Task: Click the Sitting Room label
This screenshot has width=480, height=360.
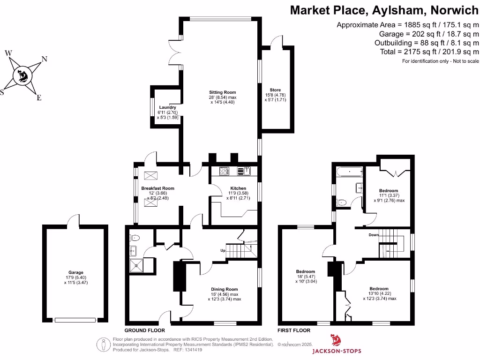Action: [222, 92]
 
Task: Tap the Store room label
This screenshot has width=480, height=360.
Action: [275, 90]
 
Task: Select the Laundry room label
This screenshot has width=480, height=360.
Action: [167, 107]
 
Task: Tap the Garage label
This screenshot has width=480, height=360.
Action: [76, 272]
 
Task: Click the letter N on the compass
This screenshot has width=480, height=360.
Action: [45, 59]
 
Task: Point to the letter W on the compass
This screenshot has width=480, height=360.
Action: [8, 53]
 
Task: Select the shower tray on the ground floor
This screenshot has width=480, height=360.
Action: [137, 266]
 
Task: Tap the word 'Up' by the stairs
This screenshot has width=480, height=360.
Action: [223, 251]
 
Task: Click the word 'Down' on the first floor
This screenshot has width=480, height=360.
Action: [374, 235]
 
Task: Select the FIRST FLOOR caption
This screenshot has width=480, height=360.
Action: [294, 330]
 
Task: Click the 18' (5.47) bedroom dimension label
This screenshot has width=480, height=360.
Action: [305, 277]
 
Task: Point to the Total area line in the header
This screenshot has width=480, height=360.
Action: [430, 52]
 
